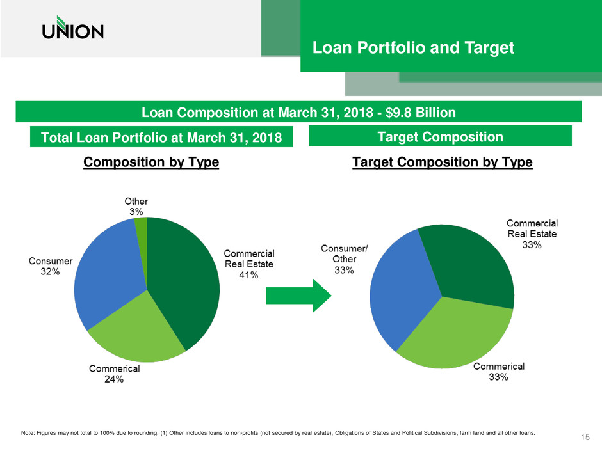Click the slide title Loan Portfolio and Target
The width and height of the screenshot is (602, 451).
tap(412, 48)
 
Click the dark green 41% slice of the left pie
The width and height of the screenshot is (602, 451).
tap(186, 281)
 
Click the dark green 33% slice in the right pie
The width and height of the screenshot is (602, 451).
tap(471, 269)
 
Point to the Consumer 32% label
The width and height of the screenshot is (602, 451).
tap(51, 266)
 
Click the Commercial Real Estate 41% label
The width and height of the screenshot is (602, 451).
tap(249, 264)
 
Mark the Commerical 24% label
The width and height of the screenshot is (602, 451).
tap(115, 374)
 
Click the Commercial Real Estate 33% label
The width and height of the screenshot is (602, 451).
tap(532, 234)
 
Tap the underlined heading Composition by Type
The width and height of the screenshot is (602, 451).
tap(152, 162)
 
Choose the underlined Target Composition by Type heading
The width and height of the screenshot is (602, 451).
tap(443, 162)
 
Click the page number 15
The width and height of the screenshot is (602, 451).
tap(583, 437)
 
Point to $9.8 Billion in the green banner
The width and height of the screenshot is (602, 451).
tap(416, 113)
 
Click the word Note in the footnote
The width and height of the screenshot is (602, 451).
tap(28, 432)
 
